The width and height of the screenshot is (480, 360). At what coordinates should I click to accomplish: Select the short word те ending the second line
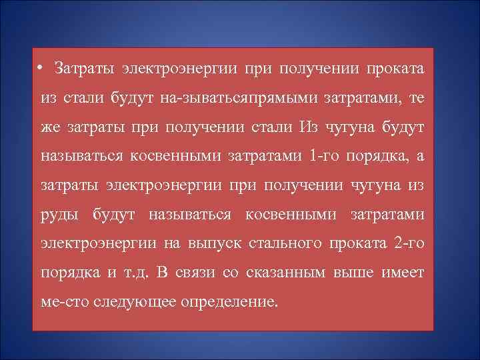[415, 98]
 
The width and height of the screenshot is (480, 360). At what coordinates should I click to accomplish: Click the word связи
[189, 272]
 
